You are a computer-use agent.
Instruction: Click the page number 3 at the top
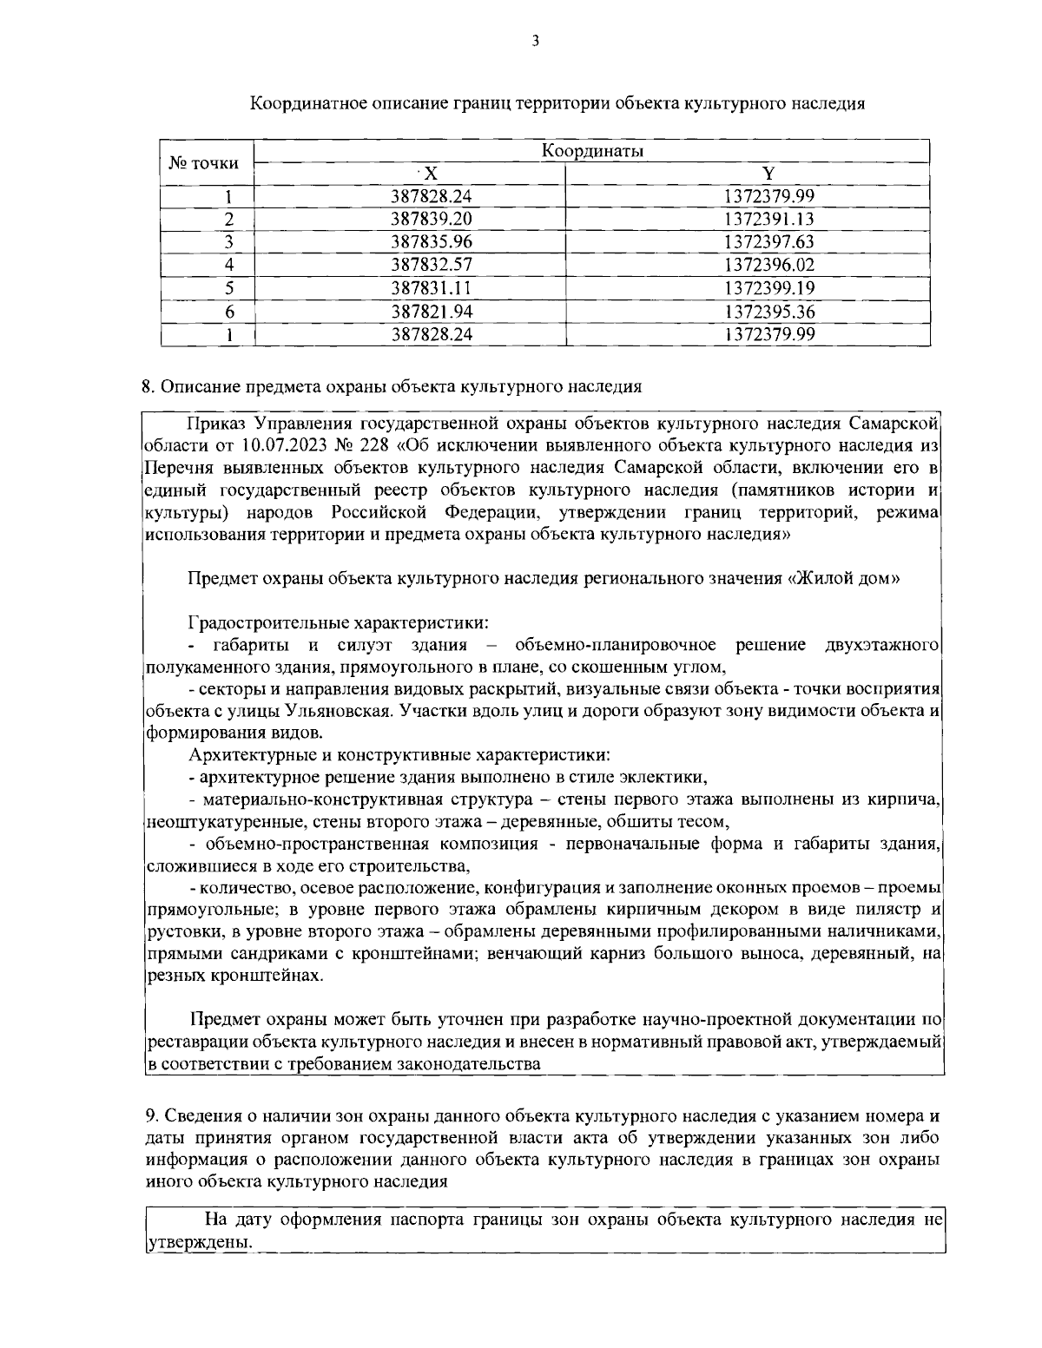coord(535,40)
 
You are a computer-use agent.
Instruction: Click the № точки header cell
coord(203,162)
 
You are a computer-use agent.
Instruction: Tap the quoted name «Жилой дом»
coord(842,579)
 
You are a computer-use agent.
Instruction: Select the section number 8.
coord(147,386)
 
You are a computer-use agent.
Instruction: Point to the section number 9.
coord(147,1115)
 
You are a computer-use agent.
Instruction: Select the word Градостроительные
coord(265,623)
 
